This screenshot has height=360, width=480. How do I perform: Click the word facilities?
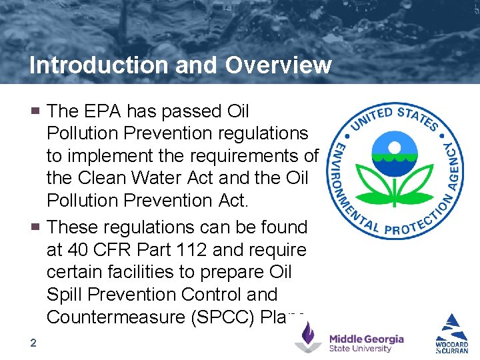pos(133,272)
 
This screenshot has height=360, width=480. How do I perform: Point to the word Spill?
pos(63,295)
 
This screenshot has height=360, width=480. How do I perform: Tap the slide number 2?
pos(33,343)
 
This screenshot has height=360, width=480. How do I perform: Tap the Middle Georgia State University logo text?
pos(366,343)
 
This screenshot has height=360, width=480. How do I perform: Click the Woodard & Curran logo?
pos(452,333)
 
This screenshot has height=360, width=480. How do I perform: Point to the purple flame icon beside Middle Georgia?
pos(308,337)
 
